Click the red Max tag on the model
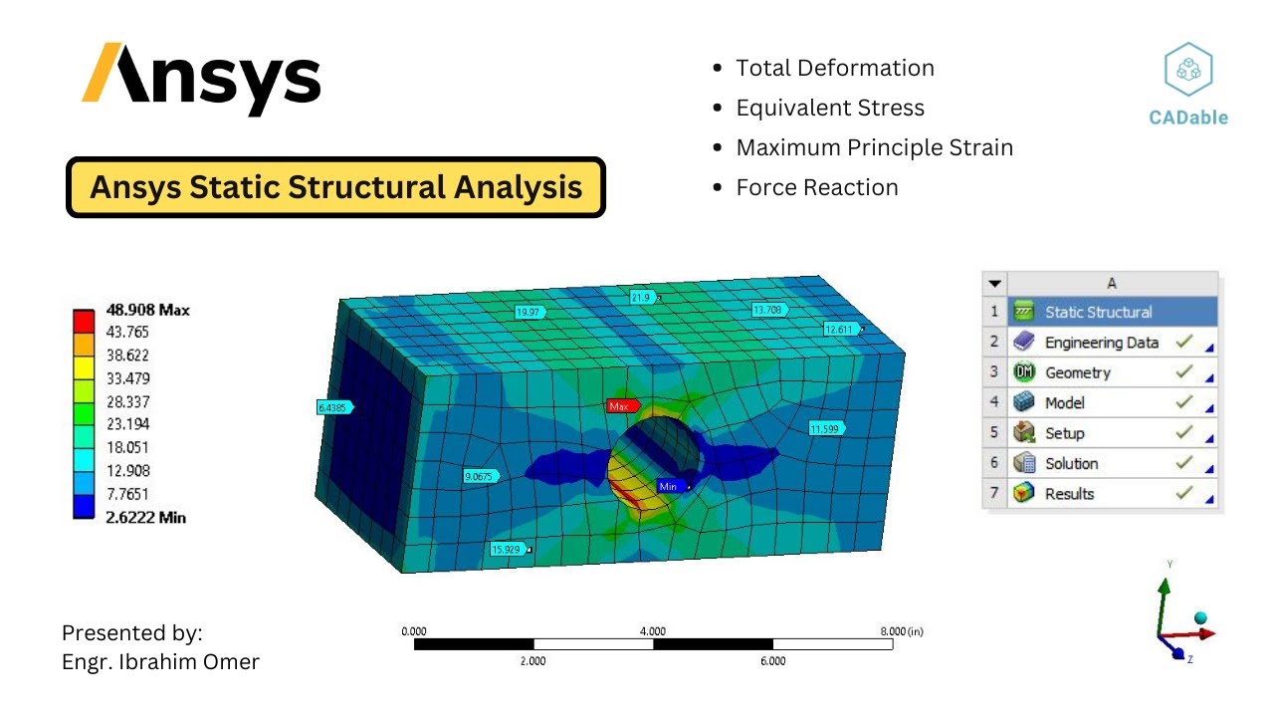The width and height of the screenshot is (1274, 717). (x=619, y=406)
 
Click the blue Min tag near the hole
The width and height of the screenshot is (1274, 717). (x=669, y=486)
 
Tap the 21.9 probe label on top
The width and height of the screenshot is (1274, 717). (x=642, y=298)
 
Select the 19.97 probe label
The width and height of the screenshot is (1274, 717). (x=530, y=313)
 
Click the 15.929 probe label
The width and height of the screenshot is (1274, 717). (x=508, y=549)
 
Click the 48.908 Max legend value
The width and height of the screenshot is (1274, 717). (x=147, y=310)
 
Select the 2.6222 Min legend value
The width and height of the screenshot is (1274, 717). (x=145, y=517)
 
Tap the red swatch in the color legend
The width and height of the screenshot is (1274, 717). (x=84, y=321)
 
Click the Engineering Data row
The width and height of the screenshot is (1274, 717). (x=1101, y=343)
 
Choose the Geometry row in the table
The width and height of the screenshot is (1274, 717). (x=1077, y=372)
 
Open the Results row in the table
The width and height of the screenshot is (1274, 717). (x=1069, y=494)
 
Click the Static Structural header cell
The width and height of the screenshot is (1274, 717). (x=1098, y=312)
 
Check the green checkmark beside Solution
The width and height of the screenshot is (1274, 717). (x=1183, y=463)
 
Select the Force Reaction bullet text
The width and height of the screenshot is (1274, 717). (x=816, y=187)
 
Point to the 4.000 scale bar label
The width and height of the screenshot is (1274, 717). (x=652, y=631)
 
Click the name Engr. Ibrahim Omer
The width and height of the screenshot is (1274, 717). (x=160, y=661)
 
